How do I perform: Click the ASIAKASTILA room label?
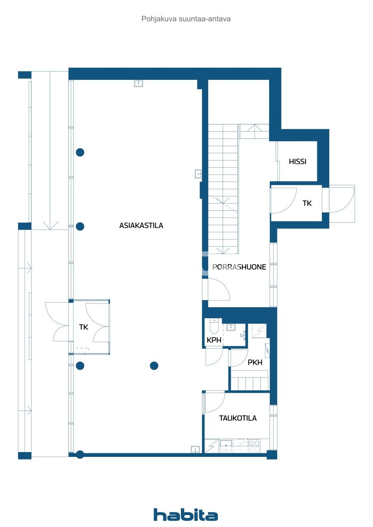[141, 226]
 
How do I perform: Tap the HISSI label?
[297, 162]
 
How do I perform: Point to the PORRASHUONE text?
[239, 267]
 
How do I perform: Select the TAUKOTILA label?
[237, 418]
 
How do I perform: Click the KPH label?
[214, 340]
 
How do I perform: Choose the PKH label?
[255, 363]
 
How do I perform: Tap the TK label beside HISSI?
[307, 203]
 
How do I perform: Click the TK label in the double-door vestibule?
[84, 327]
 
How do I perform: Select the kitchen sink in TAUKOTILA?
[226, 445]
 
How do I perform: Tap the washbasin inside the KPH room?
[231, 328]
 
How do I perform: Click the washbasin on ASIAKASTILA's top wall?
[138, 84]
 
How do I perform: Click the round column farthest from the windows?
[154, 366]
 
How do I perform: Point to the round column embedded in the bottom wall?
[80, 455]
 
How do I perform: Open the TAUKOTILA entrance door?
[214, 401]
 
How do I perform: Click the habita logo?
[186, 515]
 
